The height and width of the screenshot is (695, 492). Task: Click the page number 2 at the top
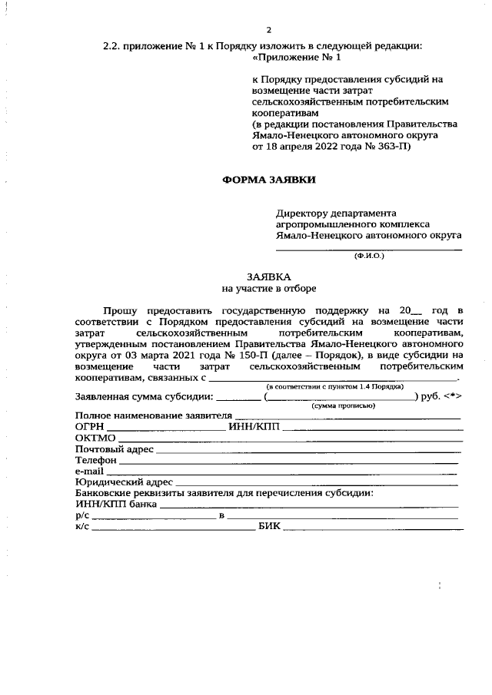point(269,30)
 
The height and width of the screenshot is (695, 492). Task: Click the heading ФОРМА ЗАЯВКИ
point(269,180)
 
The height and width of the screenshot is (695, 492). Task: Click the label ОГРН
point(90,426)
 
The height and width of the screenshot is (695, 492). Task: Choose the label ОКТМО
point(95,438)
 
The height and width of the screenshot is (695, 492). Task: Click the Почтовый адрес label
point(114,448)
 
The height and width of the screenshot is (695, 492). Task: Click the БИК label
point(269,526)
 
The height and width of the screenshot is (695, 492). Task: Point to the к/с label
point(82,526)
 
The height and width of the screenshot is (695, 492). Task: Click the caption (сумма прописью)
point(343,405)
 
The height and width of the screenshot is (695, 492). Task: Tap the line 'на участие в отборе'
point(269,289)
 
